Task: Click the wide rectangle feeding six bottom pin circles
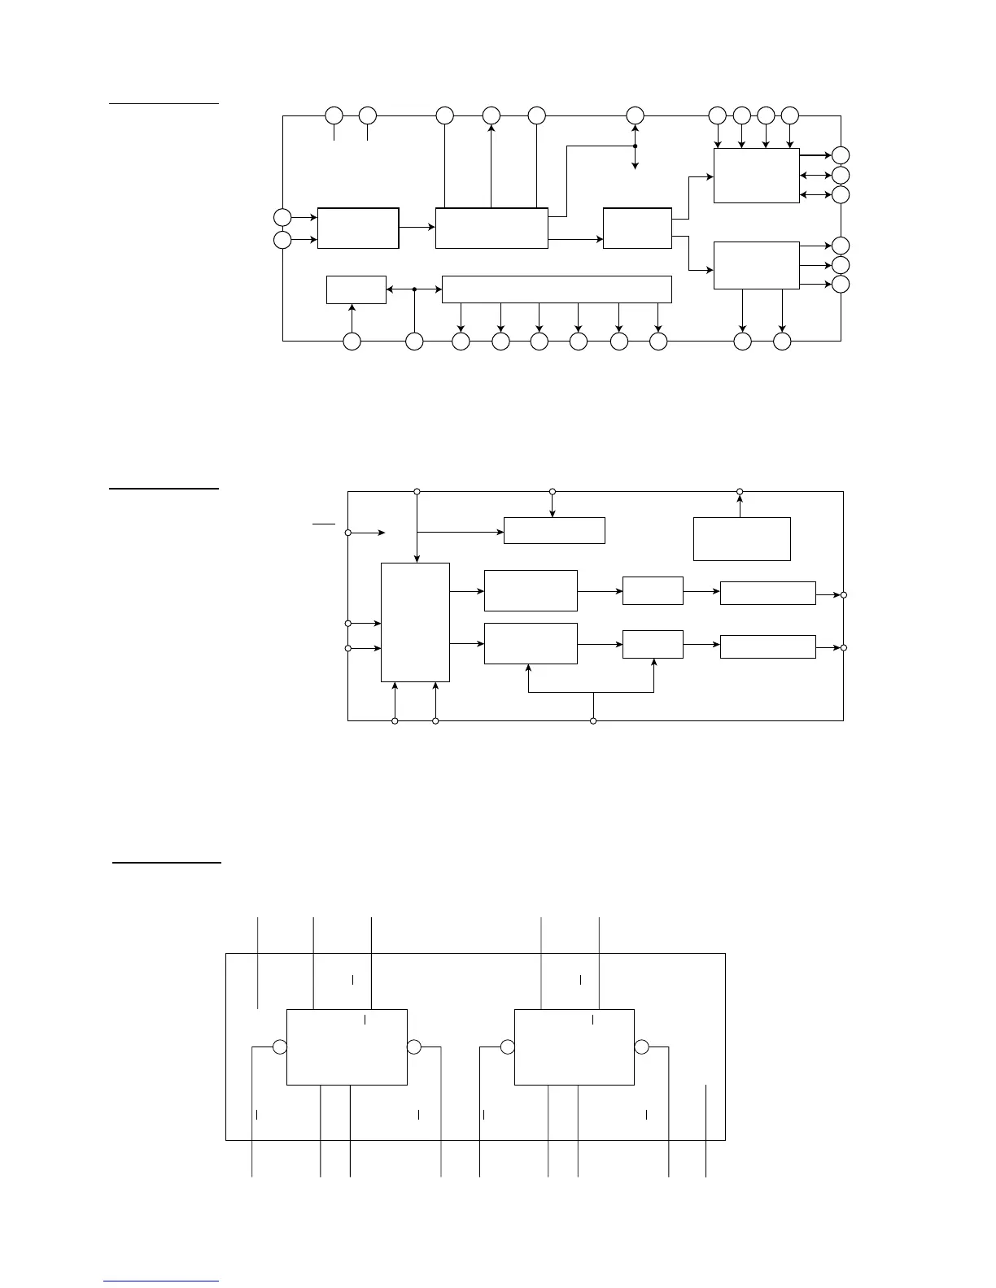tap(557, 289)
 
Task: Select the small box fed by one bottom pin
tap(356, 289)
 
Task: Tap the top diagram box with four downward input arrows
tap(756, 175)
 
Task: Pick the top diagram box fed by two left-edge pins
tap(358, 228)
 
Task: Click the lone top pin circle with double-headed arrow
tap(635, 115)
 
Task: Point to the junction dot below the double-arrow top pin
tap(635, 146)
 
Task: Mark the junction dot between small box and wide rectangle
tap(414, 289)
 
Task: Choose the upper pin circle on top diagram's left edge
tap(282, 217)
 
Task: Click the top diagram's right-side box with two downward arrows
tap(756, 265)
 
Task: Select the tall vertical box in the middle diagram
tap(415, 622)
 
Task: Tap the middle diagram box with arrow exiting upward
tap(741, 538)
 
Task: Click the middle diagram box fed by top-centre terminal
tap(554, 530)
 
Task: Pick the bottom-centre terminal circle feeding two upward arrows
tap(592, 721)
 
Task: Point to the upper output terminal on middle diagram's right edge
tap(844, 595)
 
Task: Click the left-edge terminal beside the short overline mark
tap(348, 533)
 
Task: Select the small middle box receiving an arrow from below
tap(653, 644)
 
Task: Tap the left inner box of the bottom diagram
tap(347, 1047)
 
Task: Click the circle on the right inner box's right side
tap(642, 1047)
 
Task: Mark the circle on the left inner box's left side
tap(280, 1047)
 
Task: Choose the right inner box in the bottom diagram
tap(574, 1047)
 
